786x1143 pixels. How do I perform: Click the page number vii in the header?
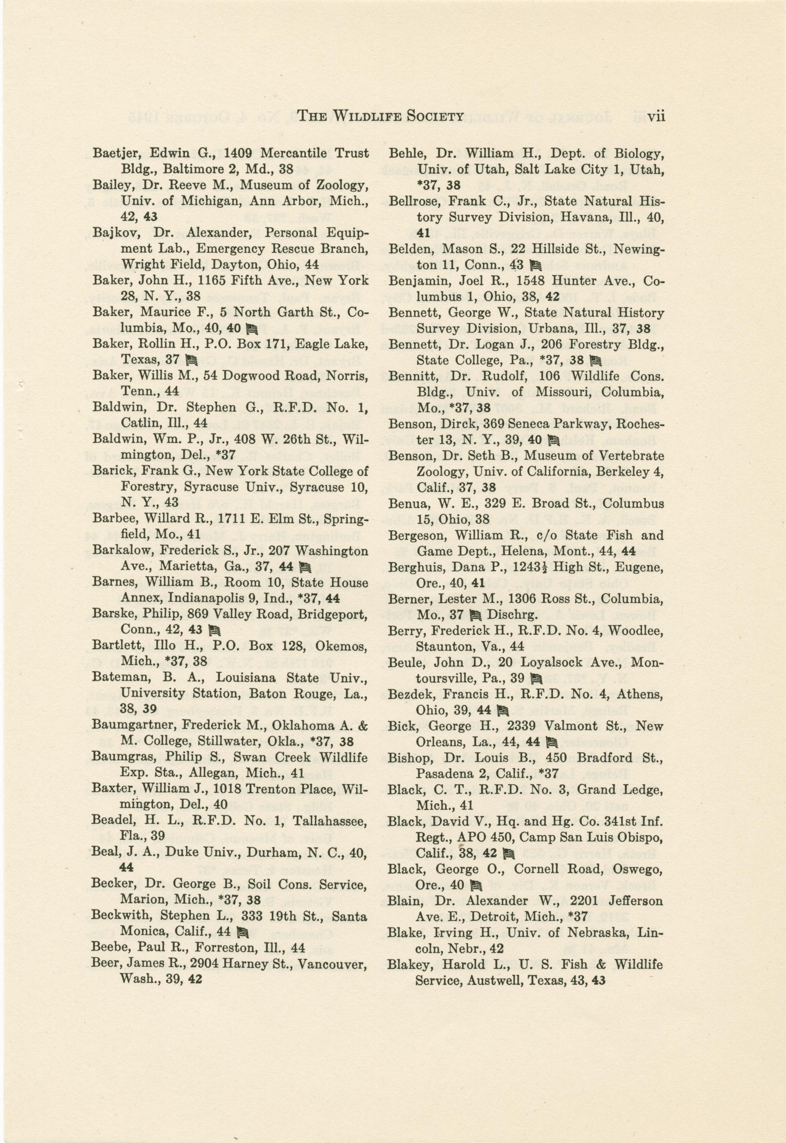click(x=656, y=116)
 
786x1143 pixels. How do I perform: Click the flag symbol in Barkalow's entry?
click(x=305, y=567)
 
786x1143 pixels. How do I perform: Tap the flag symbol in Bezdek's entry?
click(x=503, y=710)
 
